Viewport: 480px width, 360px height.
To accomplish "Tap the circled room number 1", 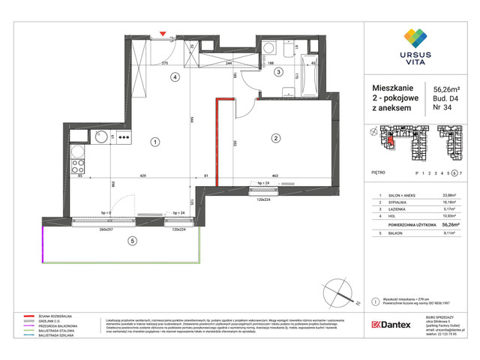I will [153, 141].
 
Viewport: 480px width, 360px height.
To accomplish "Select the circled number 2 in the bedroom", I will [275, 138].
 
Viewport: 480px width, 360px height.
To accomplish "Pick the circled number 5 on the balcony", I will [132, 241].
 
